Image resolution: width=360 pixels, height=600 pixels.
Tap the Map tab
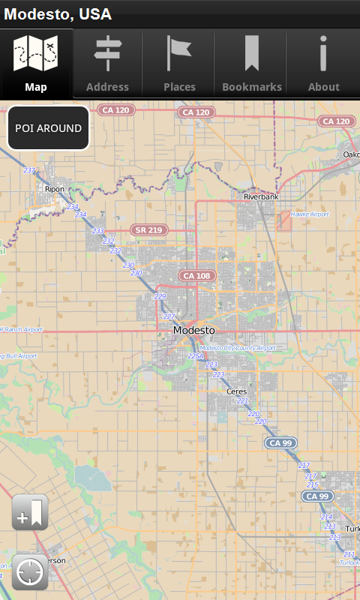coord(36,64)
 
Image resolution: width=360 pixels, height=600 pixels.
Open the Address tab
coord(107,64)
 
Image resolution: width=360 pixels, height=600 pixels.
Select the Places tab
coord(179,64)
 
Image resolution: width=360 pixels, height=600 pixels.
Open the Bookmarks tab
coord(252,64)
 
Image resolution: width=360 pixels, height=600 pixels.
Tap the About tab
coord(323,64)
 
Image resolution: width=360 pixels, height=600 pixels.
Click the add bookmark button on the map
coord(30,513)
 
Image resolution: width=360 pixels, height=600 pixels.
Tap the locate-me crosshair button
coord(30,572)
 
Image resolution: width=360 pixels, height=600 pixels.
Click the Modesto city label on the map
coord(193,330)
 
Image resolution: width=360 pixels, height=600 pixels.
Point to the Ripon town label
coord(54,189)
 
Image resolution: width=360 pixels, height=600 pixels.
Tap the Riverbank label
coord(261,196)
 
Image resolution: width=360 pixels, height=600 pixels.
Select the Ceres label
coord(236,391)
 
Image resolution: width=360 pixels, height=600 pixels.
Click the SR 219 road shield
coord(149,229)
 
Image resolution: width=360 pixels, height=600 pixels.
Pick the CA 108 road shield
coord(197,276)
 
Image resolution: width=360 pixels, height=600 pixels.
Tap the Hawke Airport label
coord(310,214)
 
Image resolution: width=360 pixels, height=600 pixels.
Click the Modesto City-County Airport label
coord(238,348)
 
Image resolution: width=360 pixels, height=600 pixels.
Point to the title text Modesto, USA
coord(58,14)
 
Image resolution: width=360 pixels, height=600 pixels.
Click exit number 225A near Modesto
coord(195,356)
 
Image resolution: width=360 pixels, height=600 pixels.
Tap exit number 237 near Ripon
coord(29,171)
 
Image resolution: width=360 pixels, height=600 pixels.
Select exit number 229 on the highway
coord(160,296)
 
